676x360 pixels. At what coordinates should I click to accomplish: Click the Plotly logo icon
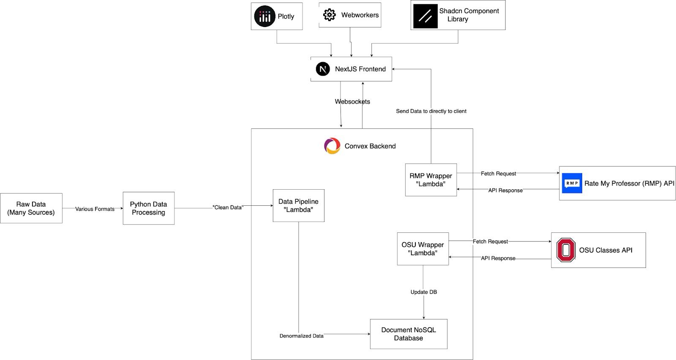[x=264, y=16]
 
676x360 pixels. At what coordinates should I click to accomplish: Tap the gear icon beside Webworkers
[x=329, y=15]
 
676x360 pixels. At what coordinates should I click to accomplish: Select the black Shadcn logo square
[x=425, y=16]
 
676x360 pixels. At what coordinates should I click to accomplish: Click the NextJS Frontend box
[x=351, y=69]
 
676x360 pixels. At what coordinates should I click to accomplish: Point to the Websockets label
[x=352, y=101]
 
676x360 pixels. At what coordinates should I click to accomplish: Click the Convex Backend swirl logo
[x=332, y=146]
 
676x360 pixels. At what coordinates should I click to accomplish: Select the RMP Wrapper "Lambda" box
[x=431, y=180]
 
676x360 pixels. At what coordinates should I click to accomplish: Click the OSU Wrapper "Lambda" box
[x=422, y=249]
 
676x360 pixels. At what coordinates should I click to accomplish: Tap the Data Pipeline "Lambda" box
[x=298, y=206]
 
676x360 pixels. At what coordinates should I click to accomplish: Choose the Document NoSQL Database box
[x=408, y=334]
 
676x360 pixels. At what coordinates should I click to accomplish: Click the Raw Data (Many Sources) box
[x=31, y=208]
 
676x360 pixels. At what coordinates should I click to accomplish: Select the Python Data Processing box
[x=148, y=208]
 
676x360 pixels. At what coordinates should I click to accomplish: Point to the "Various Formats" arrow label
[x=95, y=209]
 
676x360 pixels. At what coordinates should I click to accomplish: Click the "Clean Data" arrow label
[x=228, y=207]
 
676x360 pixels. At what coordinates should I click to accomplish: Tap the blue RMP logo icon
[x=572, y=183]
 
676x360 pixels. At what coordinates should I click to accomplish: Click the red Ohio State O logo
[x=566, y=250]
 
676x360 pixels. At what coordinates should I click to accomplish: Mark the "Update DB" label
[x=423, y=292]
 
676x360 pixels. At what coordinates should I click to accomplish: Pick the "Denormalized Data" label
[x=301, y=336]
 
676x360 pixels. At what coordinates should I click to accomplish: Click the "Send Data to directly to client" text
[x=431, y=111]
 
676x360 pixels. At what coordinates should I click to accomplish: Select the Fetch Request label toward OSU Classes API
[x=490, y=241]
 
